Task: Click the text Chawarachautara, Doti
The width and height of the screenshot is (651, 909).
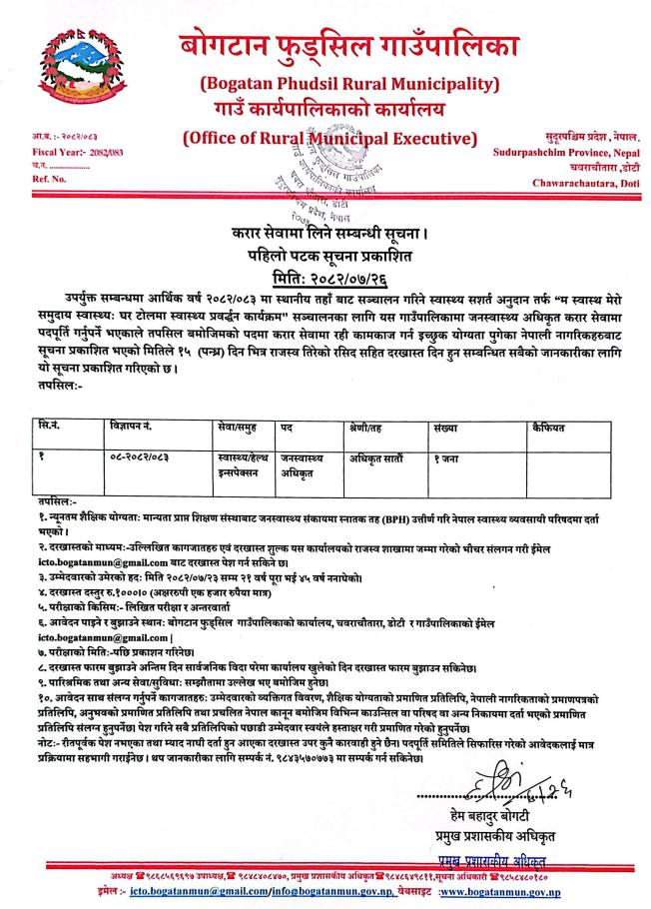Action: click(580, 181)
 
